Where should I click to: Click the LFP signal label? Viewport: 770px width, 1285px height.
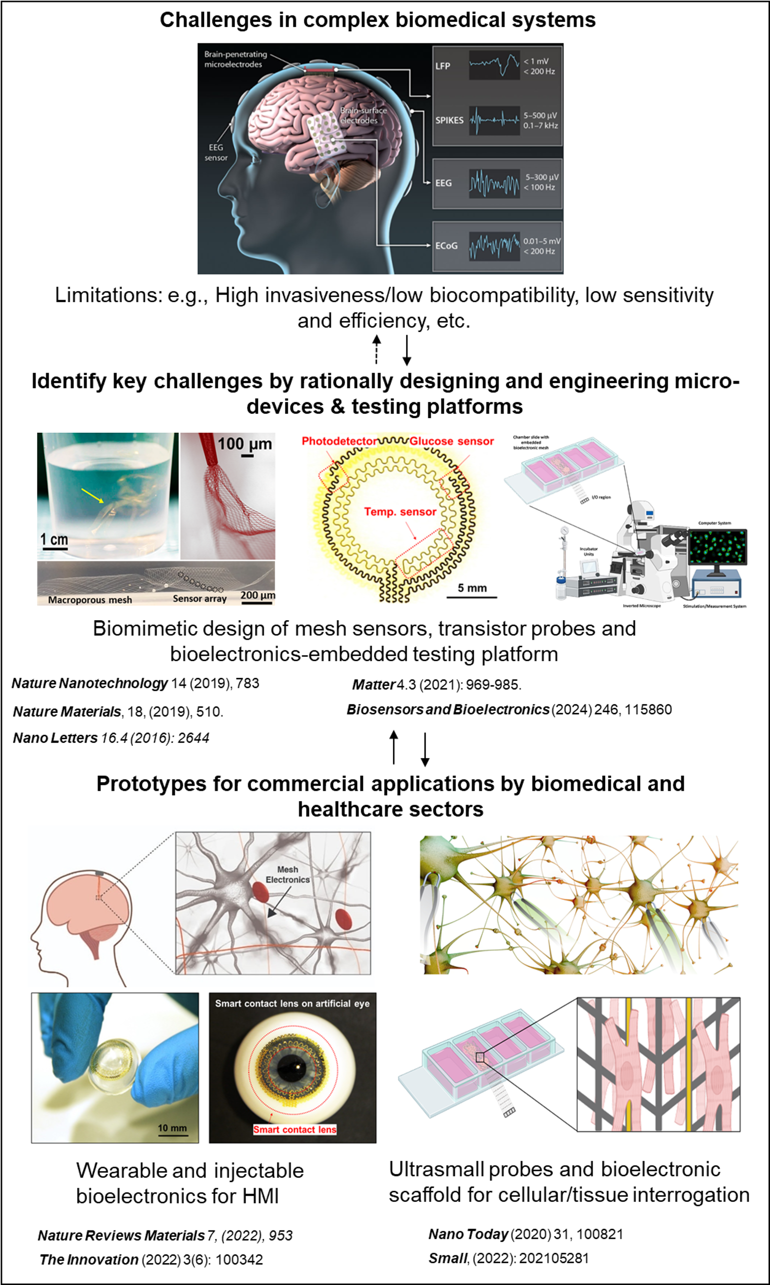[x=442, y=66]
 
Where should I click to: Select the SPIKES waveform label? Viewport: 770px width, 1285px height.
[x=449, y=121]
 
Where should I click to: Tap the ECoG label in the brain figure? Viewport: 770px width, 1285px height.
[x=446, y=246]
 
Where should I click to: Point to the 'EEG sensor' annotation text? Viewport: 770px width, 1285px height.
[x=216, y=153]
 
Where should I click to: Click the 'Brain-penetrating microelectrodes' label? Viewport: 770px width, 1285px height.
[x=235, y=59]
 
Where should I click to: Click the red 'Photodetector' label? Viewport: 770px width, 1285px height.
[x=339, y=441]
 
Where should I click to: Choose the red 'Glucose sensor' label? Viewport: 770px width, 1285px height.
[x=451, y=441]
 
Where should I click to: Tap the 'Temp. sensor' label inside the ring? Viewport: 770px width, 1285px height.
[x=400, y=512]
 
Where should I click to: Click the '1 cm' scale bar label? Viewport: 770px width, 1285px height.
[x=54, y=539]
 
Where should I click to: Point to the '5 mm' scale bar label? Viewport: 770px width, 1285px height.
[x=472, y=588]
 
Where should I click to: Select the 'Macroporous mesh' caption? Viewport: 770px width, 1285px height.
[x=90, y=600]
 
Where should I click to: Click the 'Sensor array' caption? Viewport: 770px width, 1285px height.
[x=200, y=598]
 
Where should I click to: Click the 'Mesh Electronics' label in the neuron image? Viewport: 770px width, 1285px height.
[x=287, y=874]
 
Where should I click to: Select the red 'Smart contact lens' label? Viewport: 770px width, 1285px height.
[x=294, y=1130]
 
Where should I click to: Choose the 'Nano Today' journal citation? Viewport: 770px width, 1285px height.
[x=468, y=1233]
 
